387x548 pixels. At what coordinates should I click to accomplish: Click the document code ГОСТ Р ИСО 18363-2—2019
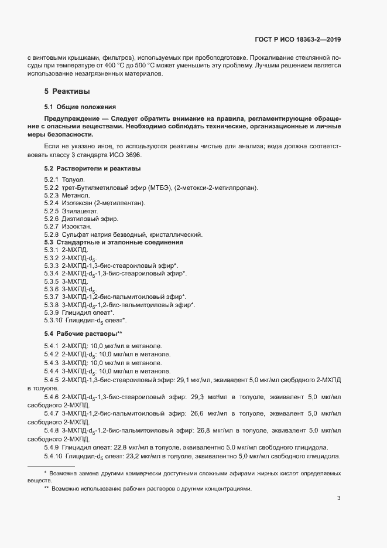298,39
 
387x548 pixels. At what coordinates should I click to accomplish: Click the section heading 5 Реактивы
67,91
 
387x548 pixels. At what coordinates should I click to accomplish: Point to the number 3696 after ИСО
132,155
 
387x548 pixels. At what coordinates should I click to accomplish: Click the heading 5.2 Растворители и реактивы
92,168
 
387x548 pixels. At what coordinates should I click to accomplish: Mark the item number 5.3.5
52,281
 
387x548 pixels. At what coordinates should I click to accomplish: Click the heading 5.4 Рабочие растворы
83,333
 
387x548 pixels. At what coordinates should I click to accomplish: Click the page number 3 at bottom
338,499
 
